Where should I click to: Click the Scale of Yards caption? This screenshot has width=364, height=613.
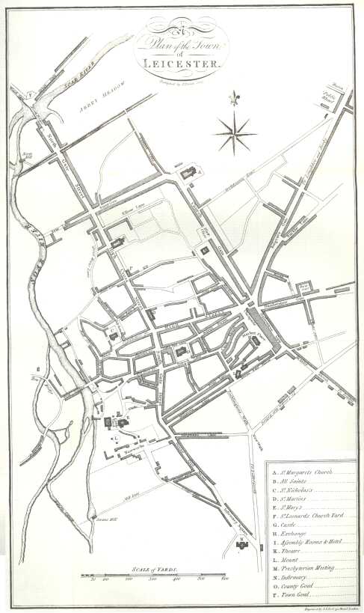[x=153, y=569]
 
